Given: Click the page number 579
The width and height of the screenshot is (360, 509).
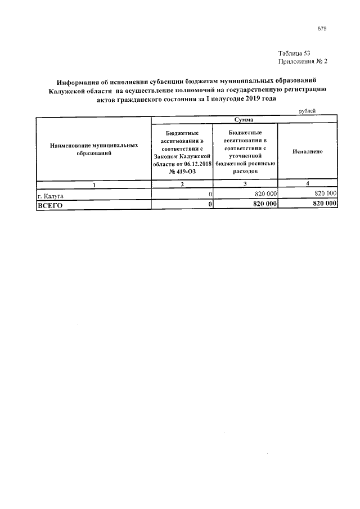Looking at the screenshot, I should (321, 28).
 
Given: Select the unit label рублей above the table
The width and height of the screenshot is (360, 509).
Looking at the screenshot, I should (307, 111).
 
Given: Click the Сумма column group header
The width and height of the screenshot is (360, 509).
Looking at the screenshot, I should (245, 120).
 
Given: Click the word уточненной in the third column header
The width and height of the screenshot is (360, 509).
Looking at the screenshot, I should (245, 154).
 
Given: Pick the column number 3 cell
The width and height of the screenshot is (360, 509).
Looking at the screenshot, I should (245, 184).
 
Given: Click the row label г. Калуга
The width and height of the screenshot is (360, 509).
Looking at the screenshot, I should (50, 195).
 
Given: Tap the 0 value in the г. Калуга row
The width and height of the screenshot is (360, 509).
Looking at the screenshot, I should (209, 195).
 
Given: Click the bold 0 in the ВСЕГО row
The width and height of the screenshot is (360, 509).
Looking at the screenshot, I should (209, 205).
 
